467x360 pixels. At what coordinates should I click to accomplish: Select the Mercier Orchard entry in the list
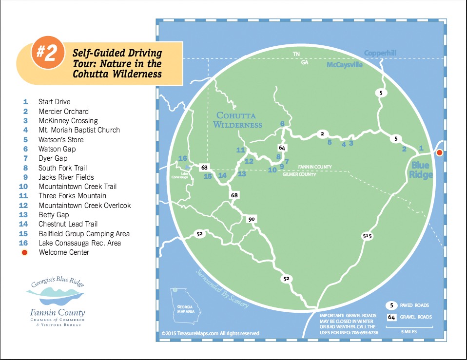point(63,111)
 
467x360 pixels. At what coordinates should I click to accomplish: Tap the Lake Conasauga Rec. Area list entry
point(79,243)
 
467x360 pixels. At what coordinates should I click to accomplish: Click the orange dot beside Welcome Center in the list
point(25,252)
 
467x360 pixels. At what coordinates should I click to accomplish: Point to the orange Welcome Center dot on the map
point(439,153)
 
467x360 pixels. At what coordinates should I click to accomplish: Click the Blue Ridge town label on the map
point(420,170)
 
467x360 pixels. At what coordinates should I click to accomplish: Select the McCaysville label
point(345,65)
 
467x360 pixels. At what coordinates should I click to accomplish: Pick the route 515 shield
point(367,236)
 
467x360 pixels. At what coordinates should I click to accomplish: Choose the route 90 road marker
point(252,219)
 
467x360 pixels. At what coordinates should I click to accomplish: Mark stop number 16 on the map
point(182,158)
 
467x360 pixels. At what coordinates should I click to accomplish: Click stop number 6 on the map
point(282,124)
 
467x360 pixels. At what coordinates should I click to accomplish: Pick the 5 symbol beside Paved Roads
point(391,305)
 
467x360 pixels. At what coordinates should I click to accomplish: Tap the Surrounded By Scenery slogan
point(224,288)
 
